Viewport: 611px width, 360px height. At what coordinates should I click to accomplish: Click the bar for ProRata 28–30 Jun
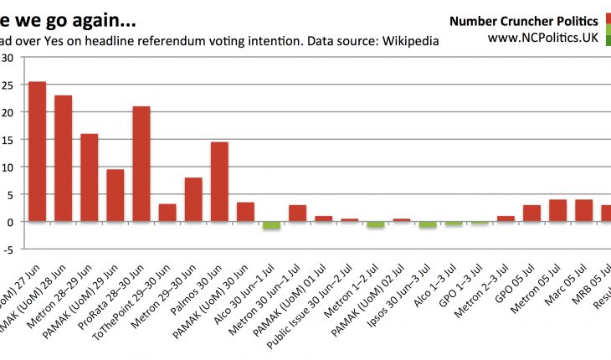click(141, 164)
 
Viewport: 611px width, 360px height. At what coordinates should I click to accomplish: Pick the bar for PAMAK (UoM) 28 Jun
click(64, 158)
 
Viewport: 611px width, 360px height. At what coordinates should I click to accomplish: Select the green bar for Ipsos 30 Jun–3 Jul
click(427, 224)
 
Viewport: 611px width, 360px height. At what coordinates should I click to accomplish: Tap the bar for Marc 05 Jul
click(583, 210)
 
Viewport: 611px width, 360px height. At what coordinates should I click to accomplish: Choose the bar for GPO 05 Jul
click(531, 213)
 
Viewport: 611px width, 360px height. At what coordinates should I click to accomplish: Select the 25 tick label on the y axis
click(8, 85)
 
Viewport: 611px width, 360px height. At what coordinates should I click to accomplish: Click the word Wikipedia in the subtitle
click(410, 40)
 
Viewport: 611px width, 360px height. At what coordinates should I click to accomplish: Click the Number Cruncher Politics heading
click(523, 21)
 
